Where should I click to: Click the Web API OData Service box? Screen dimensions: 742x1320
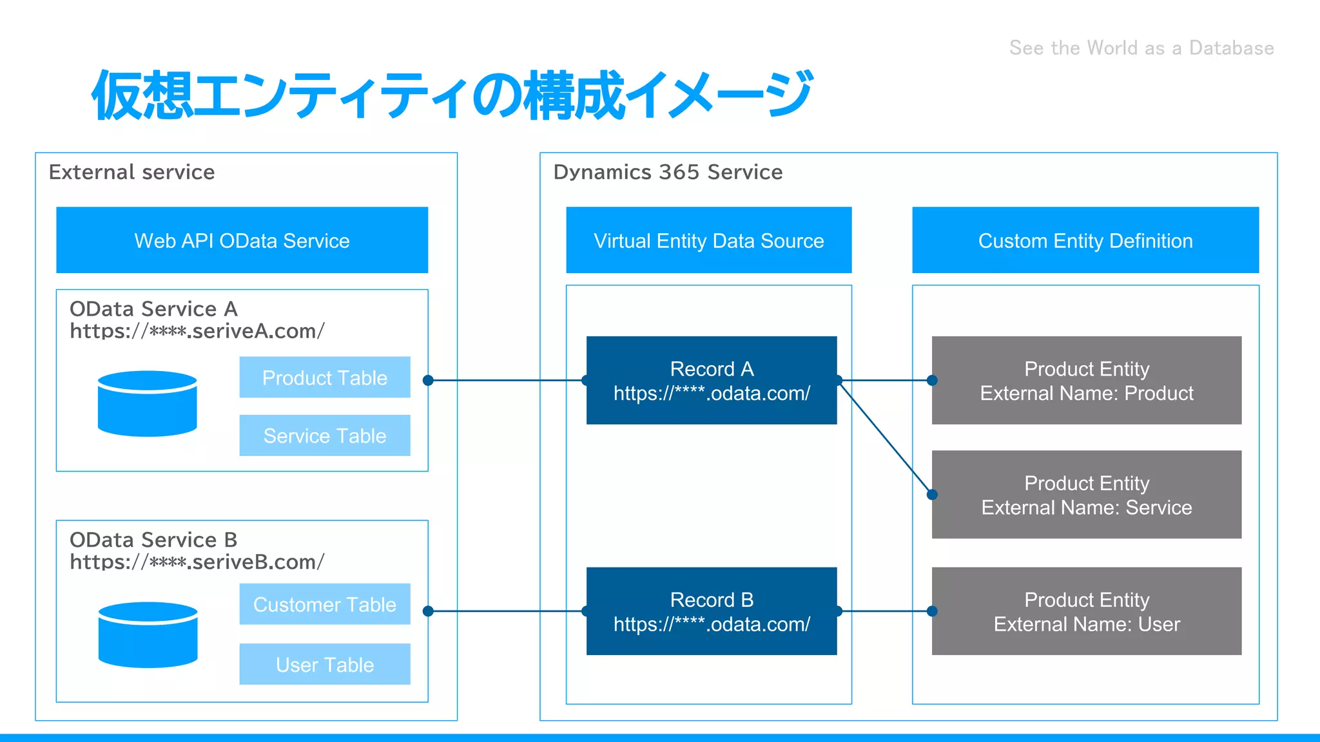coord(242,240)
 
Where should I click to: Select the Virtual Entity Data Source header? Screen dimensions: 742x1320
coord(708,240)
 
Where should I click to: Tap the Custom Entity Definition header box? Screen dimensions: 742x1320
coord(1085,240)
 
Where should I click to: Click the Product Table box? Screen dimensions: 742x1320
coord(325,377)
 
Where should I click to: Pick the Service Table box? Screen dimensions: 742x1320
coord(325,436)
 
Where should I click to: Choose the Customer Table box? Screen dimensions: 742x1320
coord(325,604)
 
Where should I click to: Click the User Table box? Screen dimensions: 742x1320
coord(325,664)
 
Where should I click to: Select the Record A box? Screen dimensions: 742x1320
coord(712,380)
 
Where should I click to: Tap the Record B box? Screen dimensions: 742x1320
coord(712,611)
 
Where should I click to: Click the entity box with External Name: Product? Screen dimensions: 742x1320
coord(1087,380)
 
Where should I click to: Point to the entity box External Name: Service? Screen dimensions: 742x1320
coord(1087,495)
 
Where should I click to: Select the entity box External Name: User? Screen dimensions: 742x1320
coord(1087,611)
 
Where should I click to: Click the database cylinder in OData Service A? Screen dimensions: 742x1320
coord(147,404)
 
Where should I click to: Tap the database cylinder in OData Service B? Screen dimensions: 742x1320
coord(148,635)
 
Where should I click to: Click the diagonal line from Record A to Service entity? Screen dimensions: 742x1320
coord(886,438)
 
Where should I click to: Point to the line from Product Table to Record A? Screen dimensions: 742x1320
coord(506,381)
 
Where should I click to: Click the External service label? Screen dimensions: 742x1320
coord(131,172)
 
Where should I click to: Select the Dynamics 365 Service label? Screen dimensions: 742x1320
coord(668,172)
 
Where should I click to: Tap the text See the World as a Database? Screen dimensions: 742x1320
coord(1141,48)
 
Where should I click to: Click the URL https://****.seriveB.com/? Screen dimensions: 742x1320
coord(197,562)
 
